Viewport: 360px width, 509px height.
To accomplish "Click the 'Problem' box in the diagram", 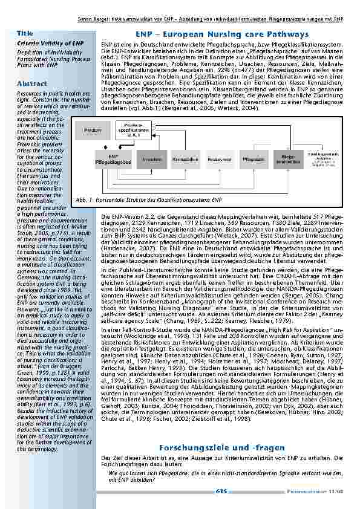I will coord(93,131).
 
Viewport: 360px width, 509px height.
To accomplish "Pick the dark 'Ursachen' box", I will coord(151,159).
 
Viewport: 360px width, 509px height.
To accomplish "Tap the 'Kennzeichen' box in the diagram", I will coord(185,159).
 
